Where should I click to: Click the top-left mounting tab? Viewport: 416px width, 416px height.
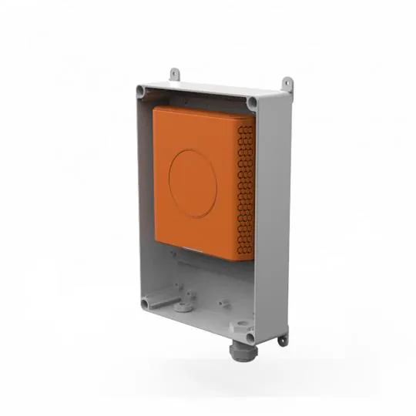175,73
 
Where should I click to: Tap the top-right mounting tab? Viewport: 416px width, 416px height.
287,82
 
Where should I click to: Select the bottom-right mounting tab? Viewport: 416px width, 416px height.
283,337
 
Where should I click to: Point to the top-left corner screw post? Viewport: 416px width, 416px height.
141,90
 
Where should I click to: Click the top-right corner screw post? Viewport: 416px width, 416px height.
253,101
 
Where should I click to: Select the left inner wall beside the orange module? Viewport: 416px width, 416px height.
146,185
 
